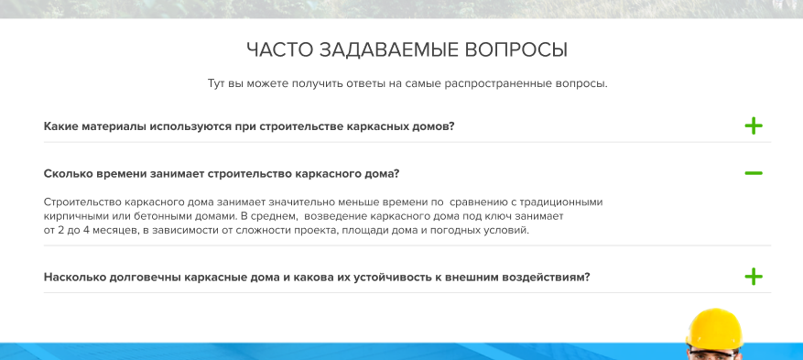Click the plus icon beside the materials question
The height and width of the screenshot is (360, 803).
(754, 125)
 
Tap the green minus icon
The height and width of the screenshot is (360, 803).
(754, 173)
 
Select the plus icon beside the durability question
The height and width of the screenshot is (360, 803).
(754, 277)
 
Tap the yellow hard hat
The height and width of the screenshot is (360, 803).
(714, 329)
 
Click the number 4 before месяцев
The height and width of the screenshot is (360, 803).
(86, 231)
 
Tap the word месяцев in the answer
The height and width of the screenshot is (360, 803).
(114, 231)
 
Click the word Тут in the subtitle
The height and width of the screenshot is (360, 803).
(215, 83)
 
